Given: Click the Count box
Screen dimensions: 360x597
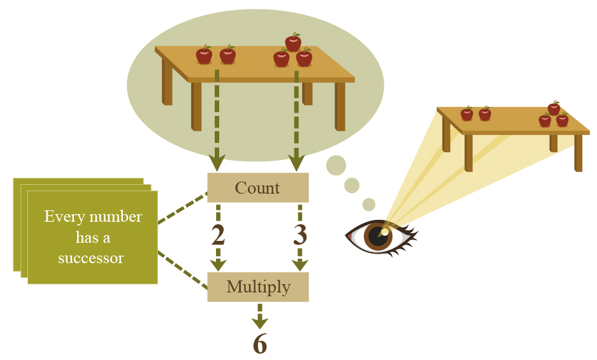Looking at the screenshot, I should (257, 188).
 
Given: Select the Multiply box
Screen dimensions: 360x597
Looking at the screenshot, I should (257, 287).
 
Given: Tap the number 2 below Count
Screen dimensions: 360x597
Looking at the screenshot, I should (218, 236).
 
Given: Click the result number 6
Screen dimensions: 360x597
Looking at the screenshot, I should (259, 345).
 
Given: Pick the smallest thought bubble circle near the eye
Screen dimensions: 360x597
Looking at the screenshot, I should (369, 204).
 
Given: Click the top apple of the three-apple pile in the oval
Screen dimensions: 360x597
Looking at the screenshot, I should (293, 43).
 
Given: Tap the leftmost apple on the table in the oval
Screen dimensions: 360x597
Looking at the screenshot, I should (204, 55).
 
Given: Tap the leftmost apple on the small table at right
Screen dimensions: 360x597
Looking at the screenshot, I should (467, 114).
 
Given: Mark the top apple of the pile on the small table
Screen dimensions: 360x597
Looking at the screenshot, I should (554, 108).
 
